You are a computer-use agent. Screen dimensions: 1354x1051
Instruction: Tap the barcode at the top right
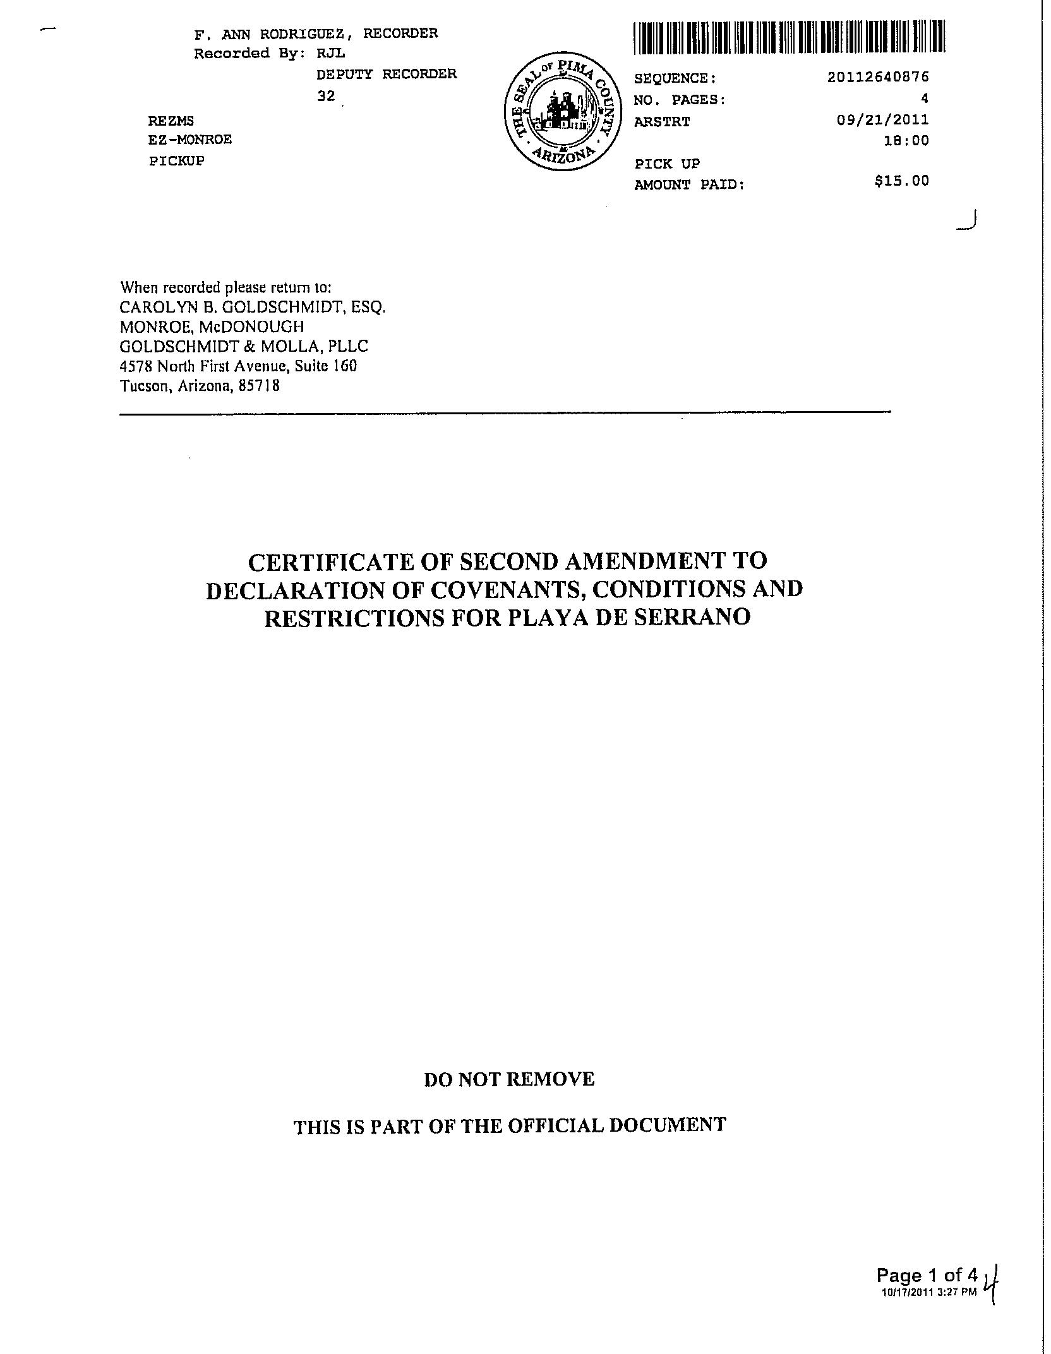pos(789,37)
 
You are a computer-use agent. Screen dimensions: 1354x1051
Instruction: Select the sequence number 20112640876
pos(878,77)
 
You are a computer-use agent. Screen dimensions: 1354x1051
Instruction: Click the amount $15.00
pos(901,181)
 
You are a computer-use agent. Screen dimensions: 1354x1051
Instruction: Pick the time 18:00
pos(906,141)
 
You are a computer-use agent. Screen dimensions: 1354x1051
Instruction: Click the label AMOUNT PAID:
pos(689,185)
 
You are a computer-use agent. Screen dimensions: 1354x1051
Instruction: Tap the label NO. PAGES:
pos(680,100)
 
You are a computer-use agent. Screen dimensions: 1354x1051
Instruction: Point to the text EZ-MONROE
pos(190,140)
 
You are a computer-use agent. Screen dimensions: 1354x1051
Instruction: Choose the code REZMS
pos(171,121)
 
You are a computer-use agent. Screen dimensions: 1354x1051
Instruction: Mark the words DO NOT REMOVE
pos(509,1079)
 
